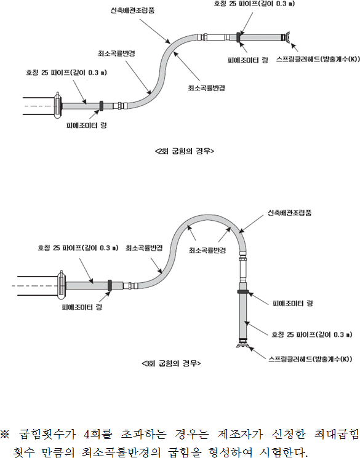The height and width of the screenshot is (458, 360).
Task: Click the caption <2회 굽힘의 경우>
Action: tap(184, 151)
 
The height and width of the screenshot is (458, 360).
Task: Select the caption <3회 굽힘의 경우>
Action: tap(171, 363)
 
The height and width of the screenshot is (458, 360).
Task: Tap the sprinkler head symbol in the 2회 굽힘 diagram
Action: tap(286, 37)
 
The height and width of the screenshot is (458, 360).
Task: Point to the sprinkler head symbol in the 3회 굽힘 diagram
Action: tap(242, 343)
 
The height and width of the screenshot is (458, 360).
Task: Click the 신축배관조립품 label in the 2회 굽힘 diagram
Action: tap(132, 10)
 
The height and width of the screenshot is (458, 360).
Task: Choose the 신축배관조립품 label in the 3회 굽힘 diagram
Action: tap(289, 213)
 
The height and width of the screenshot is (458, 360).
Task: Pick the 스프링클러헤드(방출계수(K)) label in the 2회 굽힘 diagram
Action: tap(318, 59)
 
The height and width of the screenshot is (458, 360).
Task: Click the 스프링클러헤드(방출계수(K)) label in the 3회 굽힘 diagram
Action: tap(310, 359)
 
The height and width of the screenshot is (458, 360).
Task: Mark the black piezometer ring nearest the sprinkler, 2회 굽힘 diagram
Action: tap(238, 37)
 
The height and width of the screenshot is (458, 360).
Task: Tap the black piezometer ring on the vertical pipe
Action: tap(242, 291)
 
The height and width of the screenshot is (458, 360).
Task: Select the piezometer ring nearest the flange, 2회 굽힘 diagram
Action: tap(102, 106)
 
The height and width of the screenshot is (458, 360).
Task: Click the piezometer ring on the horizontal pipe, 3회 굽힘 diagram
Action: tap(110, 285)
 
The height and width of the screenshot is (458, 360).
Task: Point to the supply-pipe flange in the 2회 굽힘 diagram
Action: tap(58, 106)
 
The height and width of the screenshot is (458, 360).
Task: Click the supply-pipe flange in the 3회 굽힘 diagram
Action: tap(62, 285)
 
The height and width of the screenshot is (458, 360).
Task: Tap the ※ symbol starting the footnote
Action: tap(5, 434)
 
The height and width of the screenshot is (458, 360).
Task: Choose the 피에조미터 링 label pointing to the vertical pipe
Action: tap(293, 304)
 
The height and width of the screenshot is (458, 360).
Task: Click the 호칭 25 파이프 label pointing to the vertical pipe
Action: tap(312, 334)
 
